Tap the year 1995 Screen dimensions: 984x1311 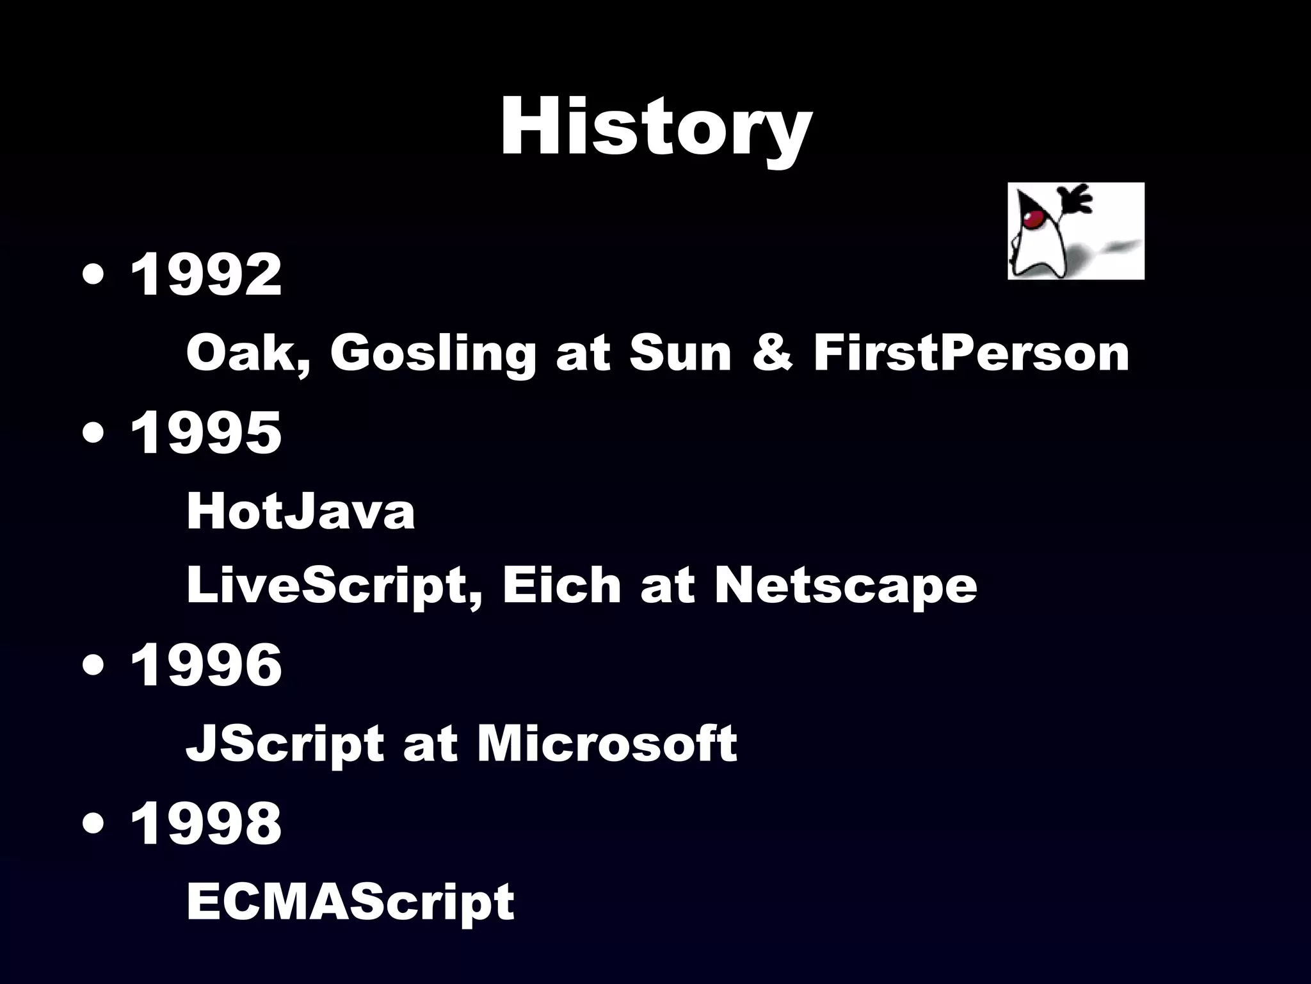tap(205, 433)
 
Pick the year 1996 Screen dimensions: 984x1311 tap(205, 665)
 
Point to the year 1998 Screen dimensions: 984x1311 tap(205, 823)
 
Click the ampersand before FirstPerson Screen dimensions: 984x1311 tap(773, 353)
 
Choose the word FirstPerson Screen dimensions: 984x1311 tap(971, 353)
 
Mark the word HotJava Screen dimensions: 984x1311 tap(300, 512)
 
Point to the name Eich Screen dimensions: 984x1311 tap(561, 584)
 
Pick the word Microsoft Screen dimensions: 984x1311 tap(607, 743)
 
